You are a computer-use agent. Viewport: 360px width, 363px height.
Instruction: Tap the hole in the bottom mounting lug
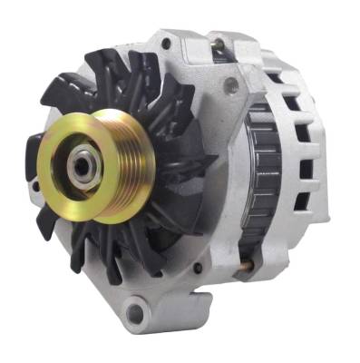135,314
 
